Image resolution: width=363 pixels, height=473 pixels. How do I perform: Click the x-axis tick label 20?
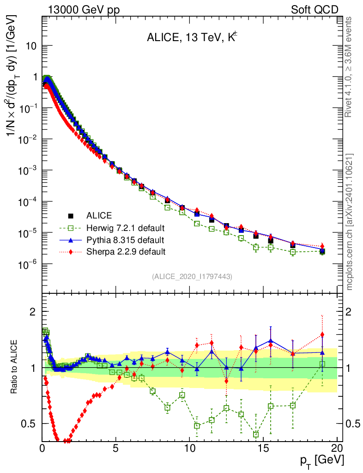click(x=337, y=448)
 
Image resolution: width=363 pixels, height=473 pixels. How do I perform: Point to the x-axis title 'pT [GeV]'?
click(x=321, y=461)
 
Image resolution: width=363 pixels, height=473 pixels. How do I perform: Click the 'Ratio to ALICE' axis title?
click(x=15, y=367)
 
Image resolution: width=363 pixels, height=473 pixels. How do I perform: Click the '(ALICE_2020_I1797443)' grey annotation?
click(x=192, y=277)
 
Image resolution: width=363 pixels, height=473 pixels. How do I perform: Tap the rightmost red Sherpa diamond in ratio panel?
click(x=322, y=334)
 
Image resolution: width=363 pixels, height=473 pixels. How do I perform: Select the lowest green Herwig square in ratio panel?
click(x=256, y=434)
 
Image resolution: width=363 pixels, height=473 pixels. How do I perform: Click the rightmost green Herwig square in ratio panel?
click(x=322, y=364)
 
